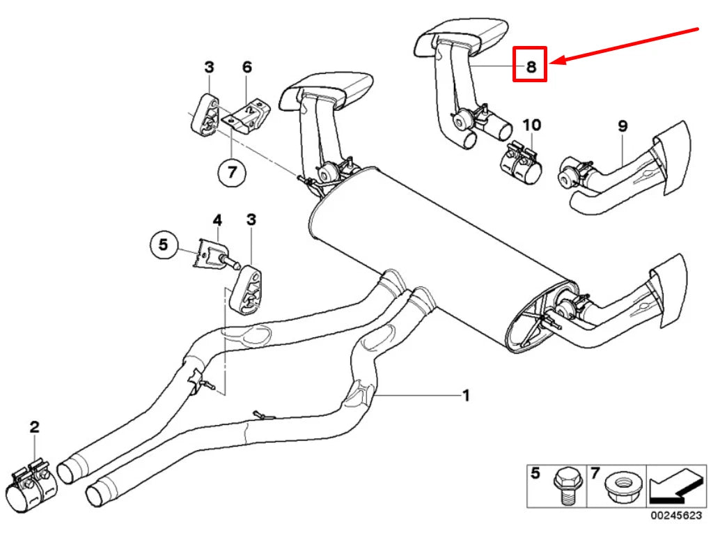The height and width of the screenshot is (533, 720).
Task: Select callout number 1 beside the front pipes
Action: [x=466, y=396]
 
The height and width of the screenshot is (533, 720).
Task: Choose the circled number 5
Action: [x=163, y=245]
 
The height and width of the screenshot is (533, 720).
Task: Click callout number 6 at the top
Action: [x=246, y=67]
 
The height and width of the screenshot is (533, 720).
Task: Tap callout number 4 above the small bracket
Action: [x=217, y=219]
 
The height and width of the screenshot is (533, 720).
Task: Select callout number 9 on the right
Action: [x=622, y=125]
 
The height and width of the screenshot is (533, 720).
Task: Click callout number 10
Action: [x=531, y=125]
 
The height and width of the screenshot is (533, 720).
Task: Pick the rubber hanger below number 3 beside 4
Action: [x=248, y=287]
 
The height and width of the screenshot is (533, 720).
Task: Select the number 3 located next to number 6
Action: [x=209, y=67]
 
